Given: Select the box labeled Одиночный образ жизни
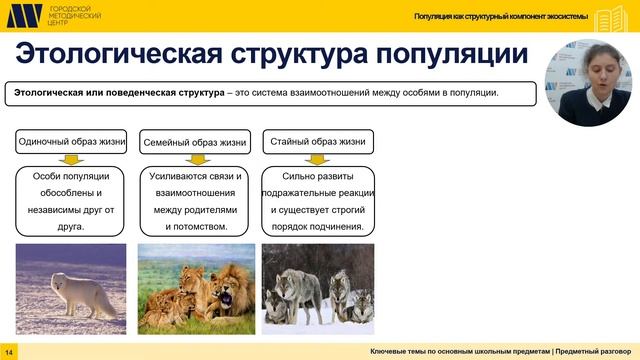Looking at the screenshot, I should coord(71,142).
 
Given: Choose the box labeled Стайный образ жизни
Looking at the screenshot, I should coord(317,142).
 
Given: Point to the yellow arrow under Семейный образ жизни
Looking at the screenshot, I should coord(194,160).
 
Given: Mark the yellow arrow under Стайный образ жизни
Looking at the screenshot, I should coord(317,160).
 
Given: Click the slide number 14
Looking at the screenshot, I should coord(9,352).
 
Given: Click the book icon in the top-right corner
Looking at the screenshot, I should coord(612,18).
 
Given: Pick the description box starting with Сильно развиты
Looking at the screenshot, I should coord(317,201).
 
